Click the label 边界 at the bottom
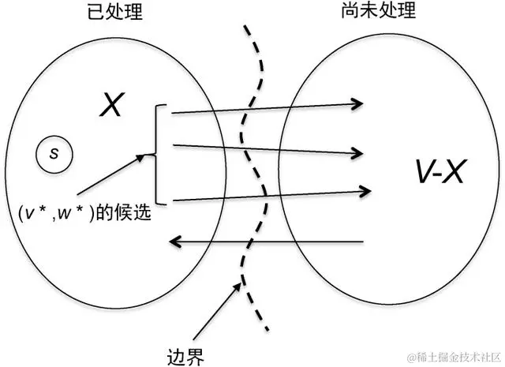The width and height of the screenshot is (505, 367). (x=187, y=354)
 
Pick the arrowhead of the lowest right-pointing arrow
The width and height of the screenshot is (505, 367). (x=365, y=189)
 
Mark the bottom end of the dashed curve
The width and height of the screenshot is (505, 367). (x=267, y=328)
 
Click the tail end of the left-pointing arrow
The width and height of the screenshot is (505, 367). (x=362, y=241)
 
